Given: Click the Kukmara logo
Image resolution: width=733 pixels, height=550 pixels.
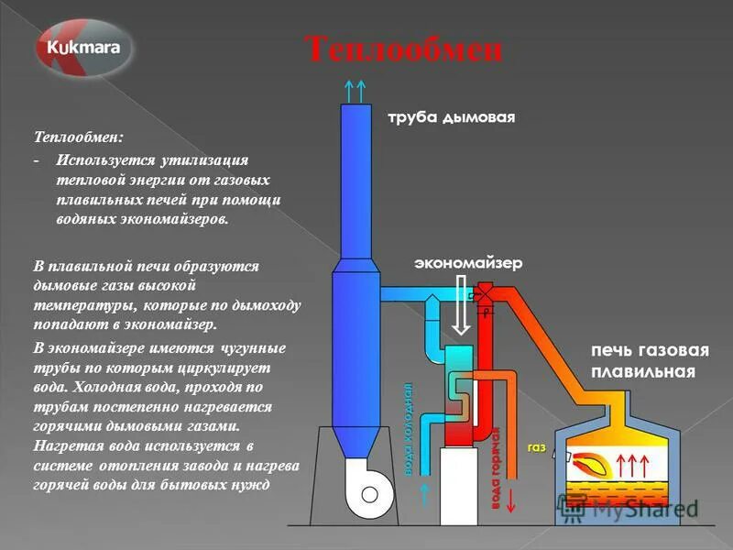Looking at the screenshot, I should pos(84,47).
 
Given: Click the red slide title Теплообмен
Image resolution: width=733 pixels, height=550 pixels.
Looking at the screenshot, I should pos(403,49).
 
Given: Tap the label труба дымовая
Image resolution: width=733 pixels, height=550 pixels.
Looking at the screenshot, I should pos(452,117).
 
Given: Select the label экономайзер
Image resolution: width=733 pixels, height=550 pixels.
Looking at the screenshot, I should pos(467,263).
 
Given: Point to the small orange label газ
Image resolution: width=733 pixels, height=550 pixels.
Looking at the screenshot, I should pos(537,448).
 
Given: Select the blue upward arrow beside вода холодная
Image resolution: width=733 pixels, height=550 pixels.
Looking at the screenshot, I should pos(425,495).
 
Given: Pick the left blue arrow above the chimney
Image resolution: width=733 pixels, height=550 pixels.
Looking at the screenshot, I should pos(348,90).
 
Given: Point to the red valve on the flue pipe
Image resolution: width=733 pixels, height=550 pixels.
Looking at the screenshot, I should pos(477,295).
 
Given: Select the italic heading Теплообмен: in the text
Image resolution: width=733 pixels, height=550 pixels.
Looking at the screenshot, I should pos(79,137).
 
